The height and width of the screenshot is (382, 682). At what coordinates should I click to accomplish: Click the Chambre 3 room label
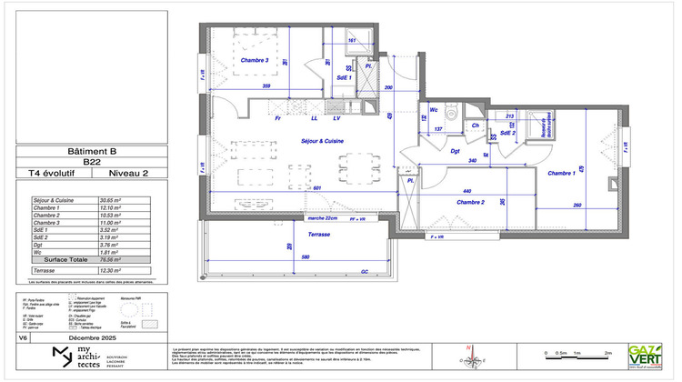[x=255, y=60]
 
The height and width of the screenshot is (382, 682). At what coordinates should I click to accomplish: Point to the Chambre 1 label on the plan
[x=561, y=173]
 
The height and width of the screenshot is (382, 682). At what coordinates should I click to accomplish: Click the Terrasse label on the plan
[x=318, y=234]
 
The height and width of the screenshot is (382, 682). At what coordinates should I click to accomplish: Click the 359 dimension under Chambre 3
[x=266, y=86]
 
